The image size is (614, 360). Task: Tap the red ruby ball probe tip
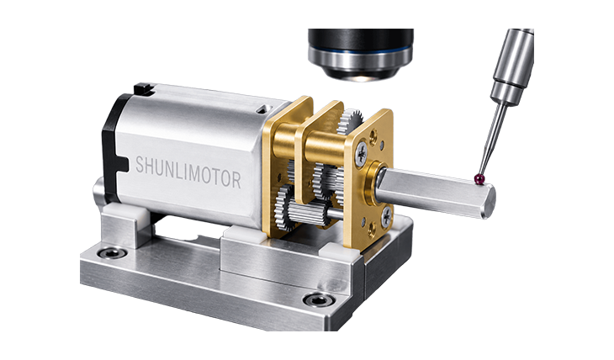point(479,178)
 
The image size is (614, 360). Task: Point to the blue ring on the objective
point(360,51)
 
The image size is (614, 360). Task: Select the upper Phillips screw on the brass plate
point(361,154)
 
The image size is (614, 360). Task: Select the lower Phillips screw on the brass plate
point(386,216)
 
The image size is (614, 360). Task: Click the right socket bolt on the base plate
point(319,300)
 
